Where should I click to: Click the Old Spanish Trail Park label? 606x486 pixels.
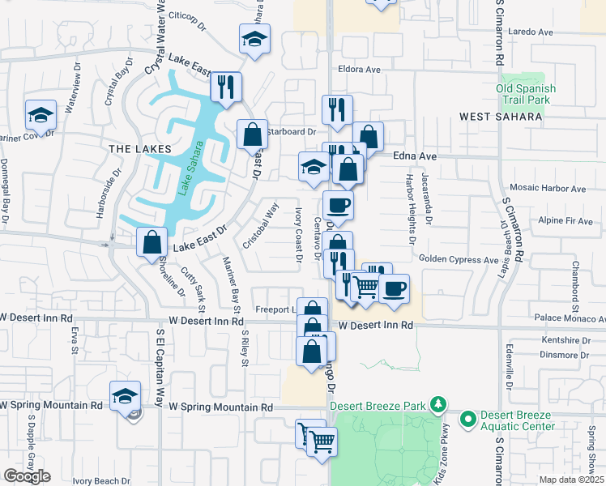click(526, 94)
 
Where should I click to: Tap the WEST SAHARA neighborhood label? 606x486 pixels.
click(500, 117)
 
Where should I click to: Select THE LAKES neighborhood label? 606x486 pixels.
click(140, 149)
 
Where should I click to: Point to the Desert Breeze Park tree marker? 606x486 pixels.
click(438, 403)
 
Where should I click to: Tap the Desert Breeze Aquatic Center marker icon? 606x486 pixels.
click(467, 420)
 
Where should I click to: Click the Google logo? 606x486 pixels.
click(27, 476)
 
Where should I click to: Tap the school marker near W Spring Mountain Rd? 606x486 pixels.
click(125, 396)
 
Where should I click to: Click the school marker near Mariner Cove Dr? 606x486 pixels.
click(40, 115)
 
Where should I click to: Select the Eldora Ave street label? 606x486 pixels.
click(360, 70)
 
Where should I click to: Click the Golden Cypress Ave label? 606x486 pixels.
click(459, 259)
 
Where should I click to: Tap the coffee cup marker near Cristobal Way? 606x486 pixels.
click(338, 206)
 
